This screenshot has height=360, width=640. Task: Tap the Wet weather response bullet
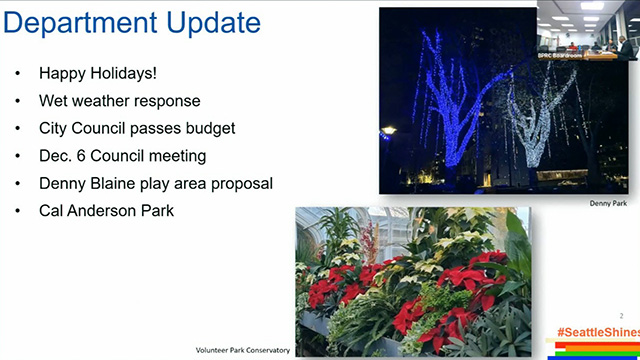point(119,101)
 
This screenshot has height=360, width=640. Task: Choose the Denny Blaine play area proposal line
point(155,184)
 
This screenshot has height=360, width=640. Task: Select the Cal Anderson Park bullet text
point(105,211)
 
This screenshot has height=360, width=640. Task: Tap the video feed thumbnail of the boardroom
point(587,30)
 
